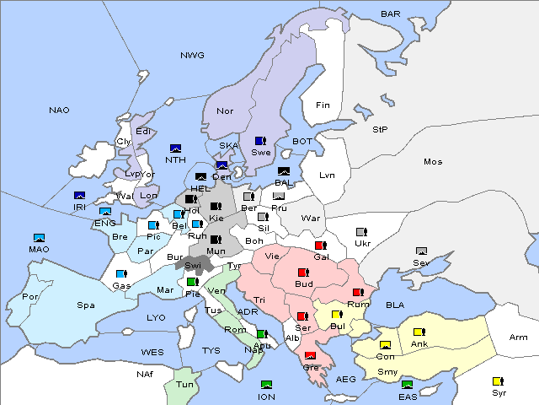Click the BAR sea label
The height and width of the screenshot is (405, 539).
coord(390,14)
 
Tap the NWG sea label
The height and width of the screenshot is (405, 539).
coord(192,56)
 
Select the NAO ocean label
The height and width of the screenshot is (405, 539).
coord(59,111)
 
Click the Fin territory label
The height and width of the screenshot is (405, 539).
coord(322,105)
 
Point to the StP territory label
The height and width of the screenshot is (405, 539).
coord(380,130)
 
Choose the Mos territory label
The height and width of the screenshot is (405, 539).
coord(433,161)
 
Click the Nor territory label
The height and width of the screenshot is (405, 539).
coord(225,111)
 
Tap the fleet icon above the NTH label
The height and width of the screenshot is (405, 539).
coord(176,148)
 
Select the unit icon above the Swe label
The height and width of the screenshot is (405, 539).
coord(260,141)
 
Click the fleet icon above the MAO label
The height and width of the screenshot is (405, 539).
coord(39,238)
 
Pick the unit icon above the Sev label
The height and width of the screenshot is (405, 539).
coord(421,251)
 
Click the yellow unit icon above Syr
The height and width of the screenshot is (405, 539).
coord(498,381)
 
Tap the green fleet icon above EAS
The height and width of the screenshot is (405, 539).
coord(408,385)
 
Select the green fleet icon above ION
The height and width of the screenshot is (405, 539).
coord(266,385)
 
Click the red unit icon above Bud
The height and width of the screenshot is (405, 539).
coord(303,273)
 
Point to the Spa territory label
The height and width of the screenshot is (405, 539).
coord(85,305)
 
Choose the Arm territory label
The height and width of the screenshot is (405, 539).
coord(519,337)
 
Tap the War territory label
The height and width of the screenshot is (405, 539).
coord(312,218)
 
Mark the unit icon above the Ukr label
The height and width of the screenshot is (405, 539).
coord(361,232)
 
